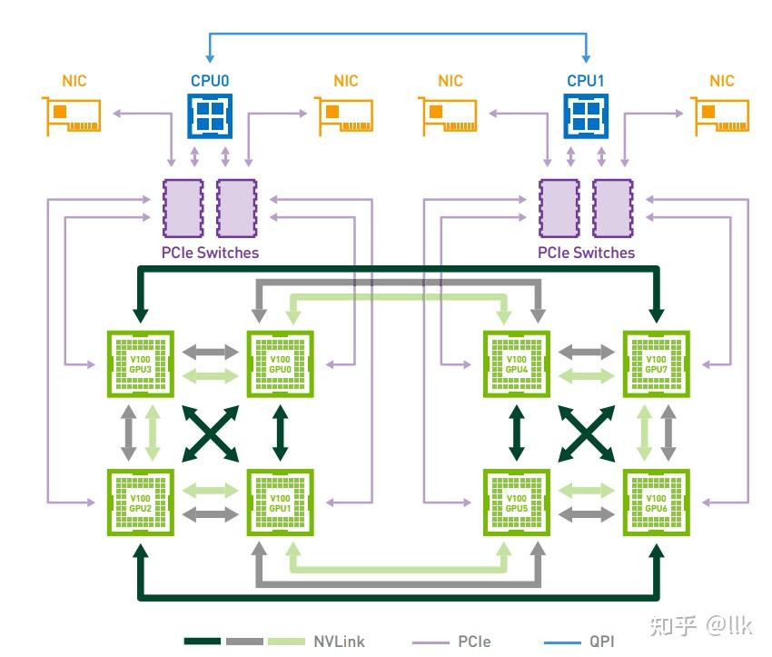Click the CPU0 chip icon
[210, 115]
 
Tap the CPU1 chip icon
[586, 115]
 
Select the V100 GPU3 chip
[140, 363]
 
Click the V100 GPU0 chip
[280, 363]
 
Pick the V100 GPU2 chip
[140, 503]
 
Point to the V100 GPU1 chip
[280, 503]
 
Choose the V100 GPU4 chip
[516, 363]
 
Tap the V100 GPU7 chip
[656, 363]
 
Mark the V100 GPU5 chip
[516, 503]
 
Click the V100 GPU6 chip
[656, 503]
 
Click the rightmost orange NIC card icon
[722, 115]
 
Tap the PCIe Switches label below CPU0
[210, 253]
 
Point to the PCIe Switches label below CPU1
[586, 253]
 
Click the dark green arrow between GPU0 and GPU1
[280, 433]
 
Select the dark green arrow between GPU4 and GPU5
[516, 433]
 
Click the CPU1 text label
[586, 81]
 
